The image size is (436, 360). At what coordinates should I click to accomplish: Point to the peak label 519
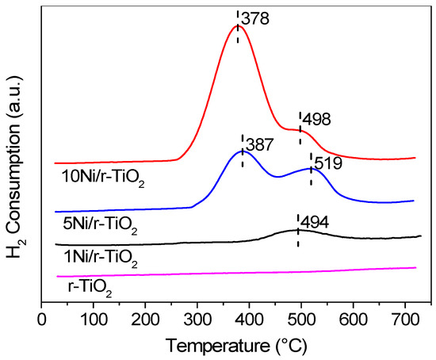pyautogui.click(x=329, y=162)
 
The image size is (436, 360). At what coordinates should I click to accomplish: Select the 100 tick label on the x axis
pyautogui.click(x=94, y=320)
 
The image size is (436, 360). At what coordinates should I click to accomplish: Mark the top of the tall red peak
pyautogui.click(x=237, y=25)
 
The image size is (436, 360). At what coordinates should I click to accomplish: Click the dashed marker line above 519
pyautogui.click(x=311, y=170)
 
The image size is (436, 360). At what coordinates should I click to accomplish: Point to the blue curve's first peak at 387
pyautogui.click(x=243, y=151)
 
